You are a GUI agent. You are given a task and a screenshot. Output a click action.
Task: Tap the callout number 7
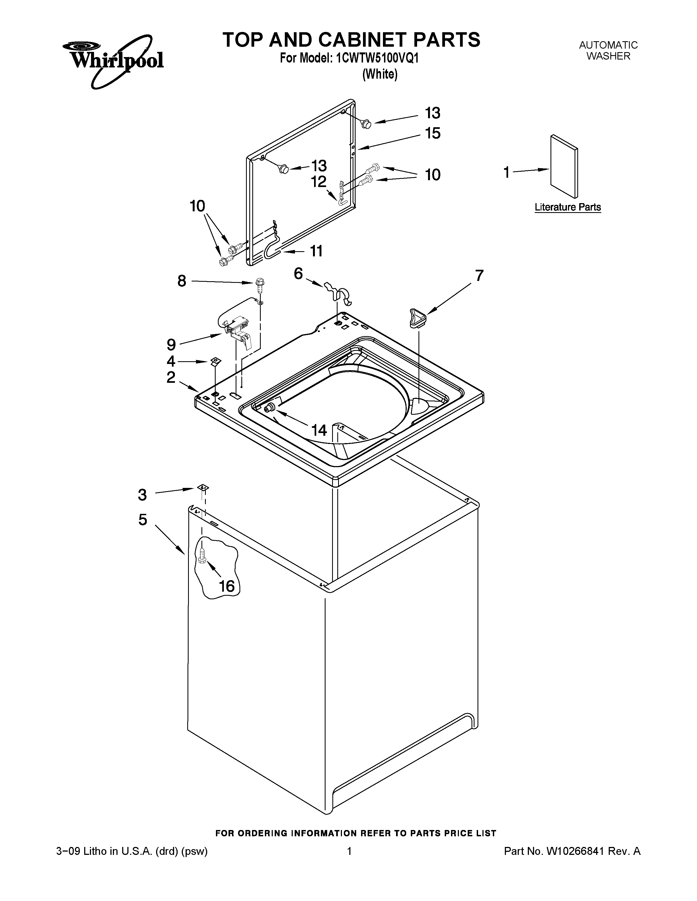(479, 275)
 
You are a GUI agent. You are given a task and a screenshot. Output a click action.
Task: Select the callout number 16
(227, 586)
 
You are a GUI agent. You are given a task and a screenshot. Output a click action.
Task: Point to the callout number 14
(319, 430)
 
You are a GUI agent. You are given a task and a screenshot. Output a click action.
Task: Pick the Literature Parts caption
(568, 207)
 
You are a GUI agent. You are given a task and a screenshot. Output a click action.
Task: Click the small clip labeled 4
(215, 361)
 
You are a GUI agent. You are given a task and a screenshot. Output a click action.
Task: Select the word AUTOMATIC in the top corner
(608, 45)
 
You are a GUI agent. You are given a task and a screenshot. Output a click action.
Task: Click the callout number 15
(433, 133)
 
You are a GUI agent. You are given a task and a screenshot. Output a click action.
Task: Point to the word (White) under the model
(379, 74)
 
